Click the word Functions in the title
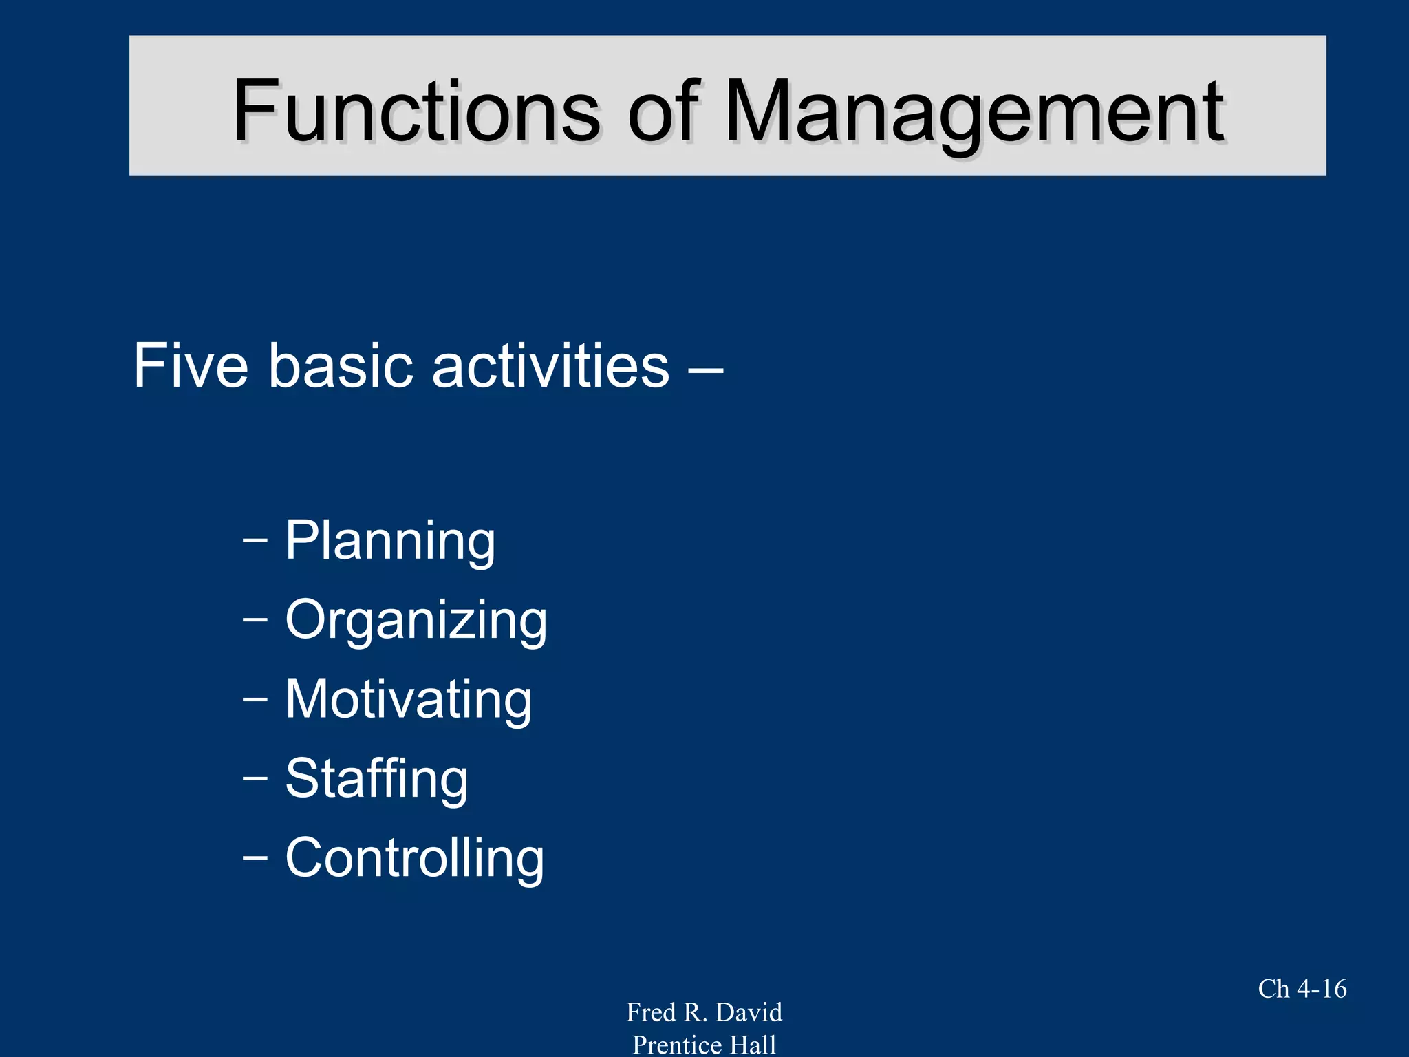tap(416, 111)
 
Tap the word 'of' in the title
tap(663, 111)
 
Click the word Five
tap(191, 365)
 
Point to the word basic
tap(341, 365)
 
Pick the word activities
tap(550, 365)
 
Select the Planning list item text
tap(390, 542)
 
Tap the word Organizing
tap(416, 621)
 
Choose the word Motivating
tap(409, 699)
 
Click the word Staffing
tap(376, 779)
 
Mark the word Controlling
tap(415, 858)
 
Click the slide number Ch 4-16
tap(1302, 989)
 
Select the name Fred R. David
tap(704, 1012)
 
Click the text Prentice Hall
tap(704, 1045)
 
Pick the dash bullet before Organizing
tap(255, 620)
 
